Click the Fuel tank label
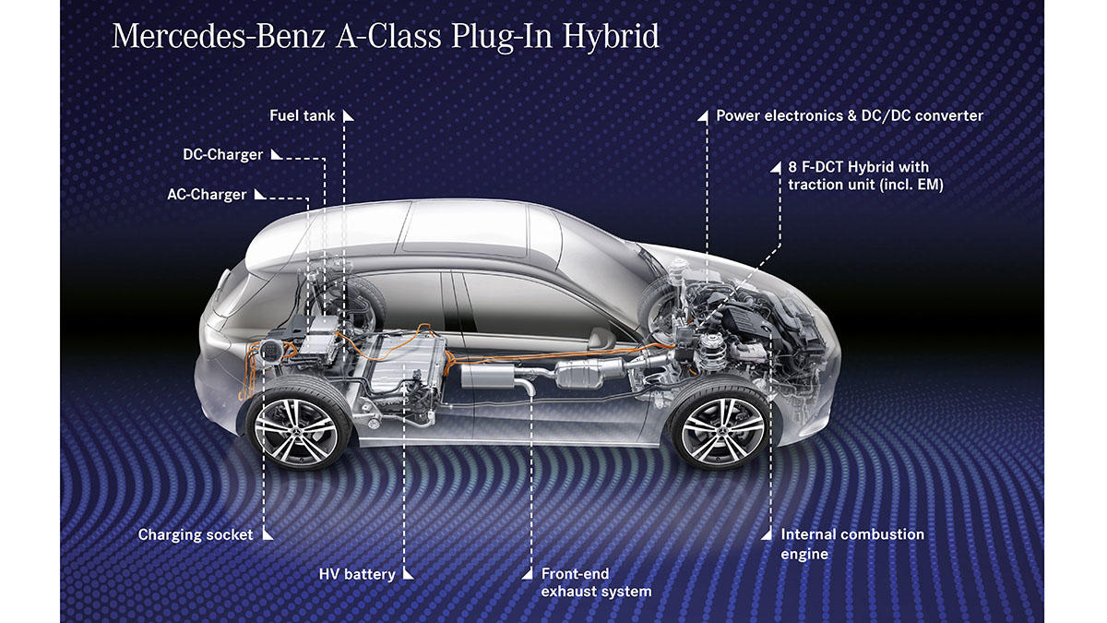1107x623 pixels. [302, 116]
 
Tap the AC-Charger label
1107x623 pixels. [207, 195]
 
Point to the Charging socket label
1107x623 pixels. [196, 534]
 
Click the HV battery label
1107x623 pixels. [357, 574]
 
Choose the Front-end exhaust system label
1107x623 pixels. [596, 582]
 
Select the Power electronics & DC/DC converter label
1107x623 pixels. [849, 116]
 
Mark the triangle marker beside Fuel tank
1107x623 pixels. [348, 116]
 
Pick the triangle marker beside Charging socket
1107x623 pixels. [267, 534]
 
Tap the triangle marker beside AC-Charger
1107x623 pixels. [260, 195]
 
